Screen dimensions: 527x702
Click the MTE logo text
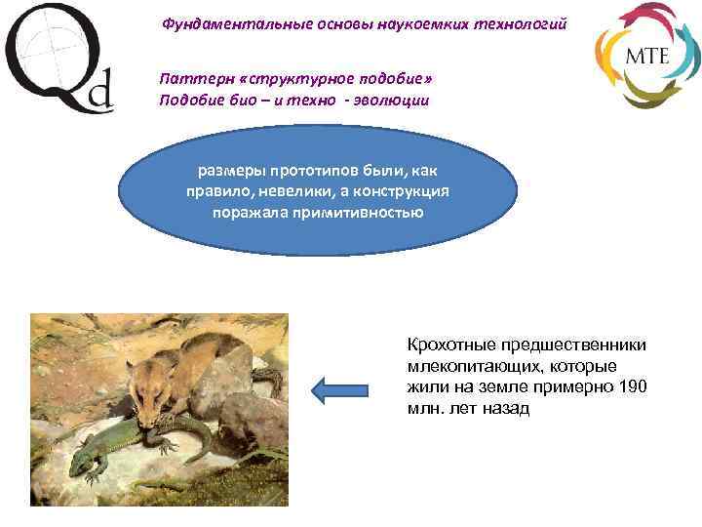(x=646, y=55)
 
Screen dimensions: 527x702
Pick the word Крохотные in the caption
(x=451, y=345)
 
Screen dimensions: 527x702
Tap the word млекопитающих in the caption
(x=467, y=367)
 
